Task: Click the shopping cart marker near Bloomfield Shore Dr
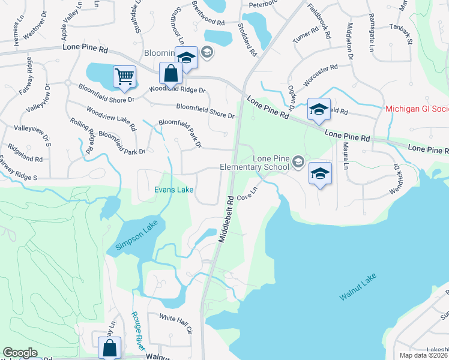click(124, 77)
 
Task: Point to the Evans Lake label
click(173, 190)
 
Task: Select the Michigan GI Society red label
click(417, 109)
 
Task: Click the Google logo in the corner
click(20, 353)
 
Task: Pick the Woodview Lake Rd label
click(111, 116)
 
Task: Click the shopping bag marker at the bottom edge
click(110, 347)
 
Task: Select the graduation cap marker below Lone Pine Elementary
click(320, 174)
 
